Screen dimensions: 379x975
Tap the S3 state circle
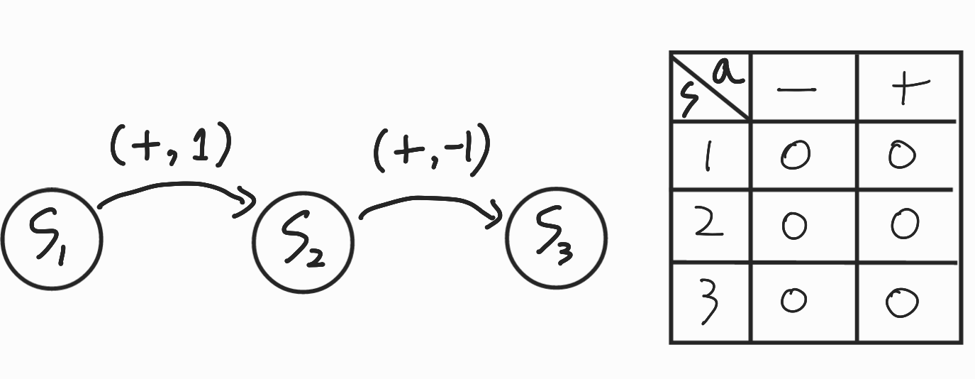tap(557, 238)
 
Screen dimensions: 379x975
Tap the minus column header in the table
tap(797, 89)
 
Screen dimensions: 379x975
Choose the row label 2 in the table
tap(707, 225)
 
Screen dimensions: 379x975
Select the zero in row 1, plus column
tap(902, 155)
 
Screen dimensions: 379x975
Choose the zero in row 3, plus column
tap(902, 302)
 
